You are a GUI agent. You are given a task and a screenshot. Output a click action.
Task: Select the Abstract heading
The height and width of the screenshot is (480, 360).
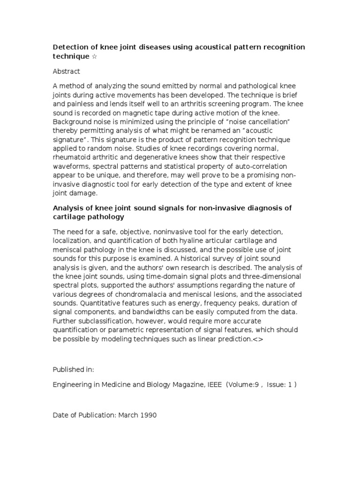(x=66, y=71)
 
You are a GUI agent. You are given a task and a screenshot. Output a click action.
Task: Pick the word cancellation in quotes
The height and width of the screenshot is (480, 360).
(x=243, y=121)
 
